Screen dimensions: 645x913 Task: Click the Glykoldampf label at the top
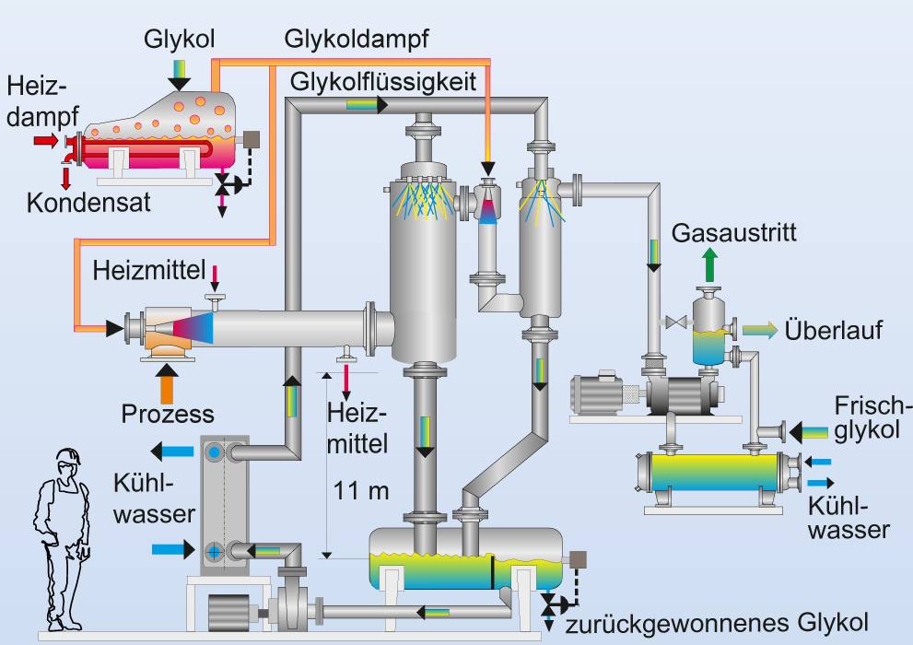tap(357, 40)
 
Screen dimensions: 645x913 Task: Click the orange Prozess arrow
tap(166, 381)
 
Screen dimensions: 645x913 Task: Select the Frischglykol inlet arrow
tap(809, 430)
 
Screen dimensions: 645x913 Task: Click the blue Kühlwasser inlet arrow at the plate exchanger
tap(171, 550)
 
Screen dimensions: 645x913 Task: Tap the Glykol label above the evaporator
tap(180, 40)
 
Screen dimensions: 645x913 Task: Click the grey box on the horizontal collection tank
tap(579, 559)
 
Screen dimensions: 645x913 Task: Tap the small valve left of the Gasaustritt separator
tap(672, 323)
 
